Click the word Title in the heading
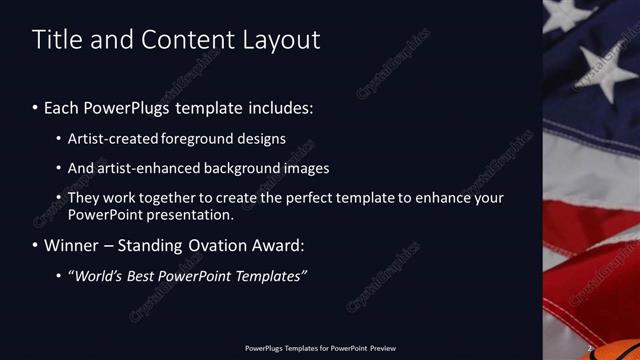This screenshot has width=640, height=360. (x=59, y=40)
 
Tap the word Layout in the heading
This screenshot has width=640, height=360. (x=282, y=40)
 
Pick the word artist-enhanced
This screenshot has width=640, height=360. (x=146, y=168)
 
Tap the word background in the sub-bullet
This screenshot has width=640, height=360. (x=247, y=168)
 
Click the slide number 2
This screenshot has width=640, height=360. (x=591, y=348)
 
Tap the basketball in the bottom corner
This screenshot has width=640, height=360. (x=626, y=346)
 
